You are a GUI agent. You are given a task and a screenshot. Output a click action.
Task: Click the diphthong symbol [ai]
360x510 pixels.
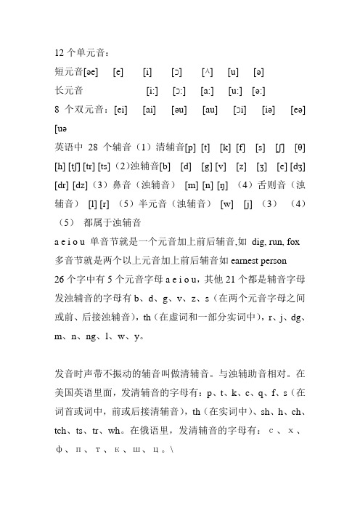coord(151,110)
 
